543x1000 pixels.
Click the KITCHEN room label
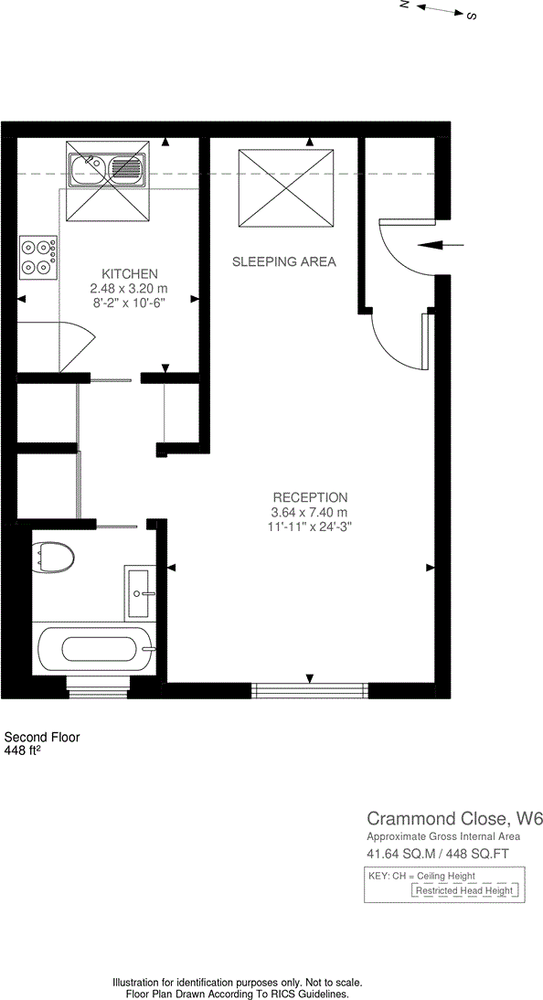pyautogui.click(x=130, y=273)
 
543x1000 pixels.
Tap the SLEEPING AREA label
pyautogui.click(x=283, y=261)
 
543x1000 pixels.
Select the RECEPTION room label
pyautogui.click(x=310, y=497)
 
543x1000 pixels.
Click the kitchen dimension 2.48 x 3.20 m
pyautogui.click(x=130, y=288)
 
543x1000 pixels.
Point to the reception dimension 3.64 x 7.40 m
pyautogui.click(x=310, y=512)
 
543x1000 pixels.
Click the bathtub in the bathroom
pyautogui.click(x=99, y=650)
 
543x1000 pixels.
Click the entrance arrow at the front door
pyautogui.click(x=440, y=245)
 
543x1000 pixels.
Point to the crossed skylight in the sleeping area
pyautogui.click(x=285, y=188)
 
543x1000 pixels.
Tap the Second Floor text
pyautogui.click(x=42, y=737)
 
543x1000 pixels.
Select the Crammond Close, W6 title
pyautogui.click(x=454, y=817)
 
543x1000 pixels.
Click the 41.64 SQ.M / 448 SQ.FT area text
pyautogui.click(x=437, y=854)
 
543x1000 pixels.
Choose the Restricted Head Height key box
pyautogui.click(x=465, y=890)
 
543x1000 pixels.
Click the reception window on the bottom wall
pyautogui.click(x=310, y=690)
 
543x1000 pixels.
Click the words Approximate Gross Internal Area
pyautogui.click(x=443, y=836)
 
